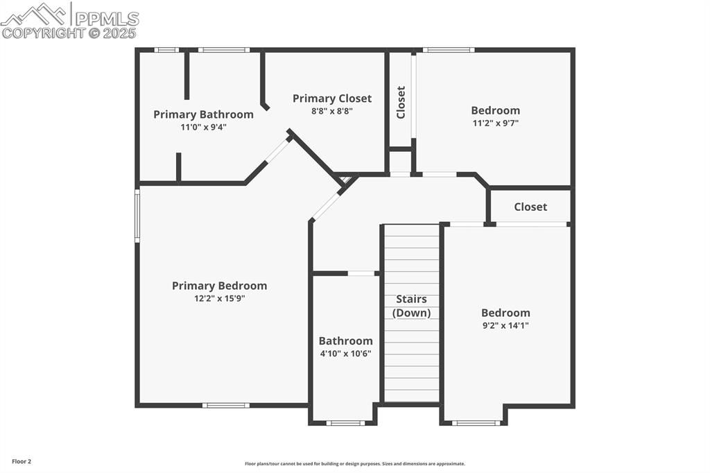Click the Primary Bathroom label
(203, 114)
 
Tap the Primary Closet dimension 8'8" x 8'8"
(332, 111)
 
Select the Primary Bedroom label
(219, 286)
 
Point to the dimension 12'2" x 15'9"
(219, 298)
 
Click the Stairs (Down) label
(411, 306)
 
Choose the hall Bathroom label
(345, 341)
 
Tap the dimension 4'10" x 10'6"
(345, 353)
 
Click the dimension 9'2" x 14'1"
(505, 325)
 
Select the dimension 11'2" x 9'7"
(495, 123)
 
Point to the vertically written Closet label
(401, 102)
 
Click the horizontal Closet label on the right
(530, 207)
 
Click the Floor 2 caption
(21, 461)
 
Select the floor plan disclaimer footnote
(355, 464)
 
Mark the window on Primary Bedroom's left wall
(137, 216)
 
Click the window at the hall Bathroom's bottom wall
(345, 422)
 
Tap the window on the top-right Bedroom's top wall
(449, 50)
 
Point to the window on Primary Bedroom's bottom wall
(225, 405)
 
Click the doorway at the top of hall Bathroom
(361, 273)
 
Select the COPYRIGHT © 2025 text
(69, 33)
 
